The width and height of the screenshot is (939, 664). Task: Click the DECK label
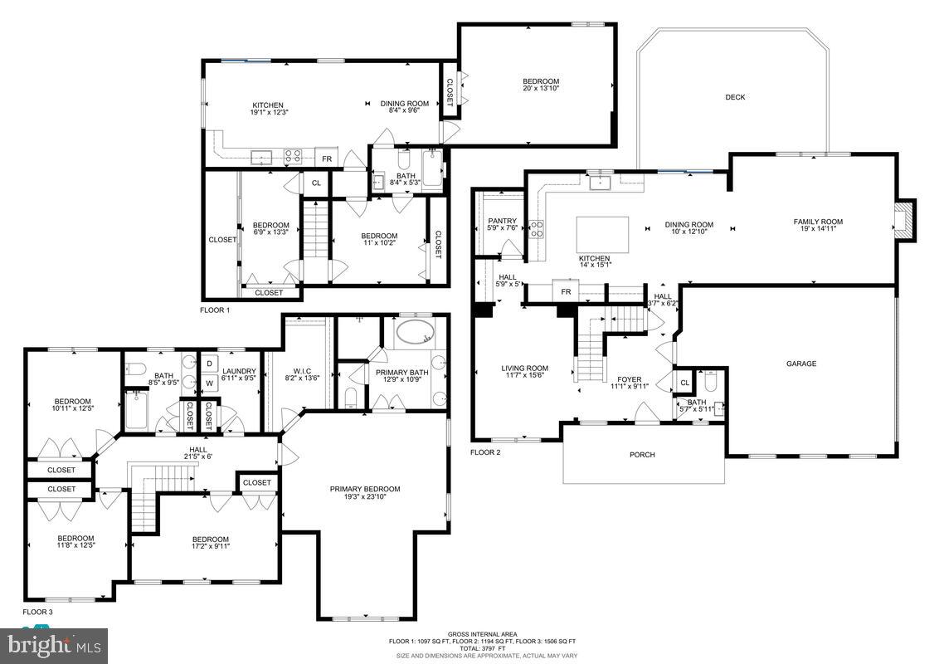point(735,97)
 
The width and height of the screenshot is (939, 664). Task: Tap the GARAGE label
point(801,364)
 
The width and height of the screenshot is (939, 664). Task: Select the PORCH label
point(642,455)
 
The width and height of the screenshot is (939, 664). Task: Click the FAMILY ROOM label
point(818,222)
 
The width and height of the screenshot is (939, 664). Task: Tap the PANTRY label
point(503,222)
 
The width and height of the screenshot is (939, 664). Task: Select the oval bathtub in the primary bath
point(414,333)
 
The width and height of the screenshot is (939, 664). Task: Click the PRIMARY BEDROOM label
point(365,489)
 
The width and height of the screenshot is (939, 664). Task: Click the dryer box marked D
point(209,364)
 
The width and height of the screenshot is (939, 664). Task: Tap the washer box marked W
point(209,383)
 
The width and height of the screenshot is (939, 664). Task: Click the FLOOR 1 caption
point(215,310)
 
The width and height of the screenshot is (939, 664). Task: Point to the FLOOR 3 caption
point(37,611)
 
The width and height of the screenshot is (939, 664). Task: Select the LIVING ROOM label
point(525,369)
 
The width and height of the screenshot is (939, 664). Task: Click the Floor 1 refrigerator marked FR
point(327,159)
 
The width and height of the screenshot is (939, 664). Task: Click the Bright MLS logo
point(54,645)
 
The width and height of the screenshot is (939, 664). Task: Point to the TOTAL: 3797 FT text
point(483,648)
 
